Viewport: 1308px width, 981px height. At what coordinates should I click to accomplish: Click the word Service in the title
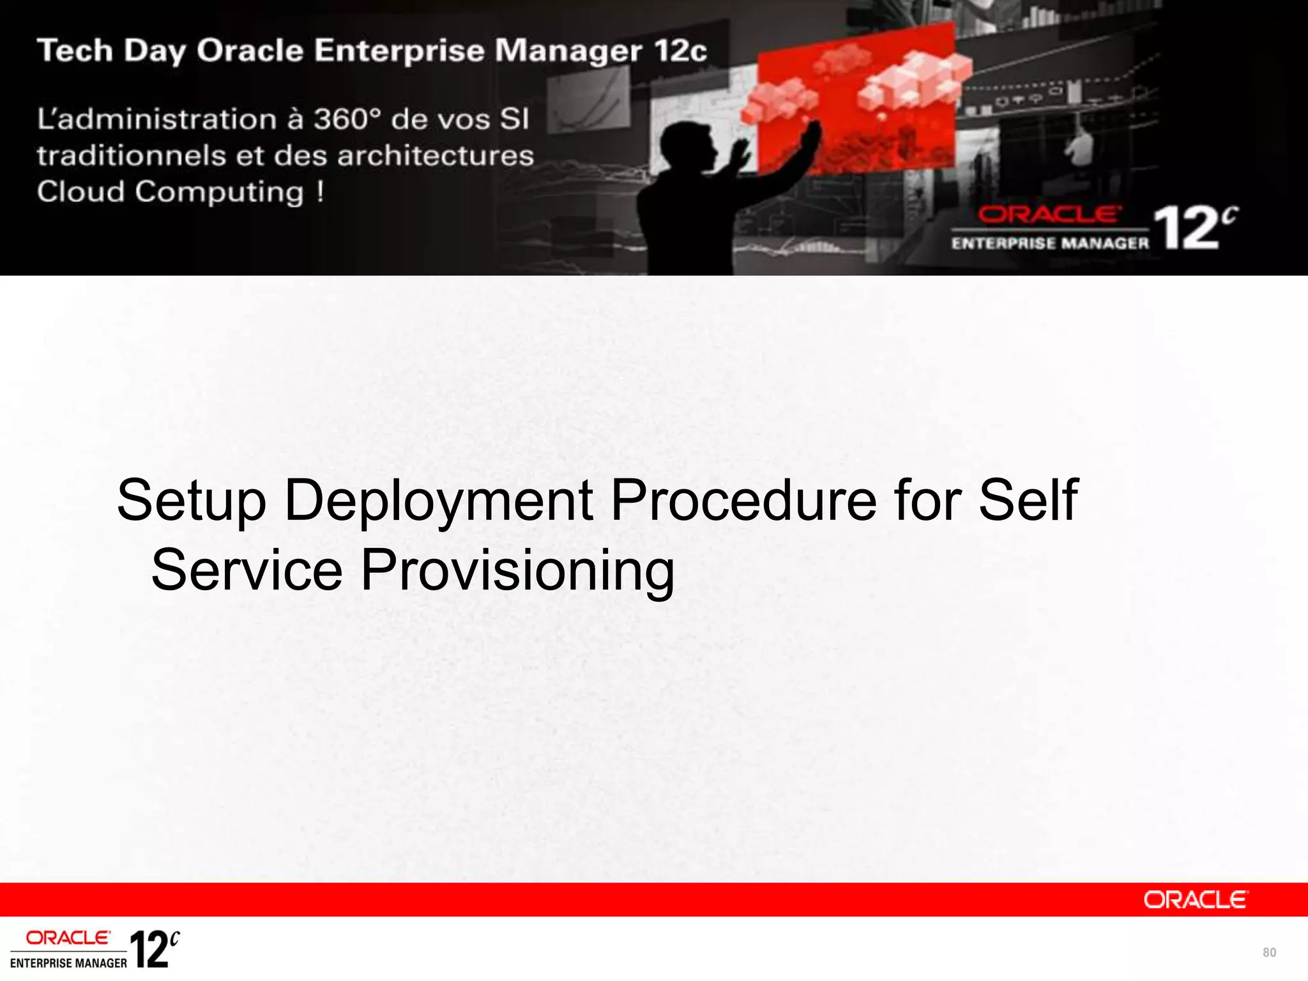coord(247,570)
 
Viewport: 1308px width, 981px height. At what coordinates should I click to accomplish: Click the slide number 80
coord(1268,953)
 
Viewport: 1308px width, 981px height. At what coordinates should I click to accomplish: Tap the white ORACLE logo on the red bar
coord(1194,900)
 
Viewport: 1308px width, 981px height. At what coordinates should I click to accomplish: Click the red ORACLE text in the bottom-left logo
coord(68,938)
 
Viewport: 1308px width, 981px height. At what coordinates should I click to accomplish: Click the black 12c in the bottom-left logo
coord(154,949)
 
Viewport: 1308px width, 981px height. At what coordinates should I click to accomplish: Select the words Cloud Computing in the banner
coord(170,192)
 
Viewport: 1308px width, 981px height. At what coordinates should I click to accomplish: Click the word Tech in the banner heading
coord(75,50)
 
